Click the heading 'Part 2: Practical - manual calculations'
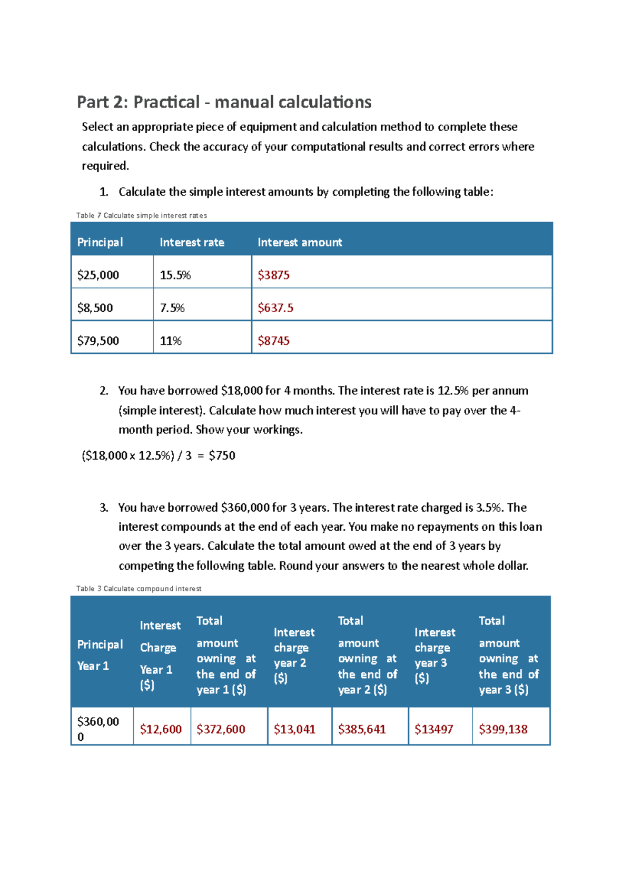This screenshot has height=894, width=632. coord(224,102)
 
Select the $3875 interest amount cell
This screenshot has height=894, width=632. coord(273,275)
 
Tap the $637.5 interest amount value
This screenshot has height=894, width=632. coord(275,308)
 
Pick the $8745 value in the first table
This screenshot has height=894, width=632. coord(273,341)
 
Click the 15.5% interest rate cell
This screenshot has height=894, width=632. coord(175,275)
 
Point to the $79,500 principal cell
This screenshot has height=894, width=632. coord(98,341)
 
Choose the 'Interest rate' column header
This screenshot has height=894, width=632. coord(192,242)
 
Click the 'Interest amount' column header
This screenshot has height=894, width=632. coord(299,242)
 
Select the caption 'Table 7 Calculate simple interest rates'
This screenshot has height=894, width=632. coord(141,215)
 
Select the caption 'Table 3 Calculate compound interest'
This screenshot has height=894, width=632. coord(139,589)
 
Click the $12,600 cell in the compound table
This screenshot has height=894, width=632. coord(161,729)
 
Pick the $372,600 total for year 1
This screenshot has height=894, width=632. coord(221,729)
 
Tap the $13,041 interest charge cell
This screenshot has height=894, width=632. coord(294,729)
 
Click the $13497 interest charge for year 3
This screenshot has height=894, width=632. coord(433,729)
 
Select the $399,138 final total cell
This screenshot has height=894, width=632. coord(503,729)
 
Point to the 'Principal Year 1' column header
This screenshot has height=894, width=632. coord(100,655)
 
